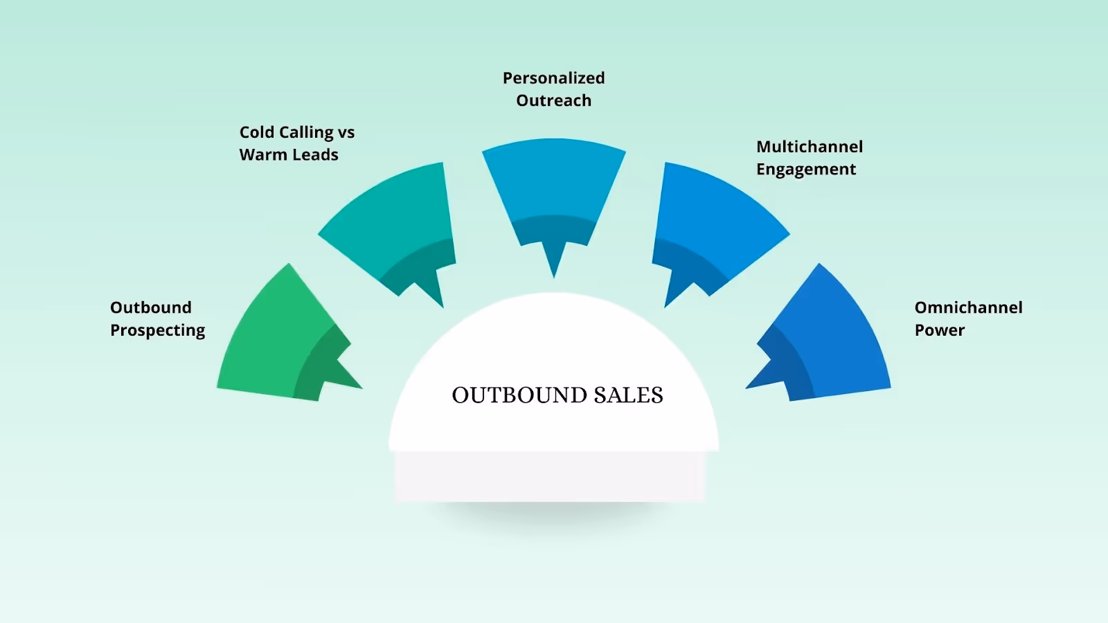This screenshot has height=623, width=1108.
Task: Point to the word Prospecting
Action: (158, 331)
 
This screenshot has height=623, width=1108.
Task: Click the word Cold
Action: (257, 132)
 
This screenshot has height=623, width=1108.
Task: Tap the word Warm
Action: (263, 155)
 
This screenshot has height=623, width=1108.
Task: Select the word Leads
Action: (315, 155)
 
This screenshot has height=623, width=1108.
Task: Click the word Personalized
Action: (554, 78)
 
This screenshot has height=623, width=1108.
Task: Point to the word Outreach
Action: (554, 101)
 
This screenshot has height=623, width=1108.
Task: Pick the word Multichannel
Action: (810, 147)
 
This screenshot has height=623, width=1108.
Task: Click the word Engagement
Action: (806, 170)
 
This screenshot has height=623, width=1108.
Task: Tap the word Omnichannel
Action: (968, 307)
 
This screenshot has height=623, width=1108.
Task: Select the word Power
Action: (940, 330)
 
